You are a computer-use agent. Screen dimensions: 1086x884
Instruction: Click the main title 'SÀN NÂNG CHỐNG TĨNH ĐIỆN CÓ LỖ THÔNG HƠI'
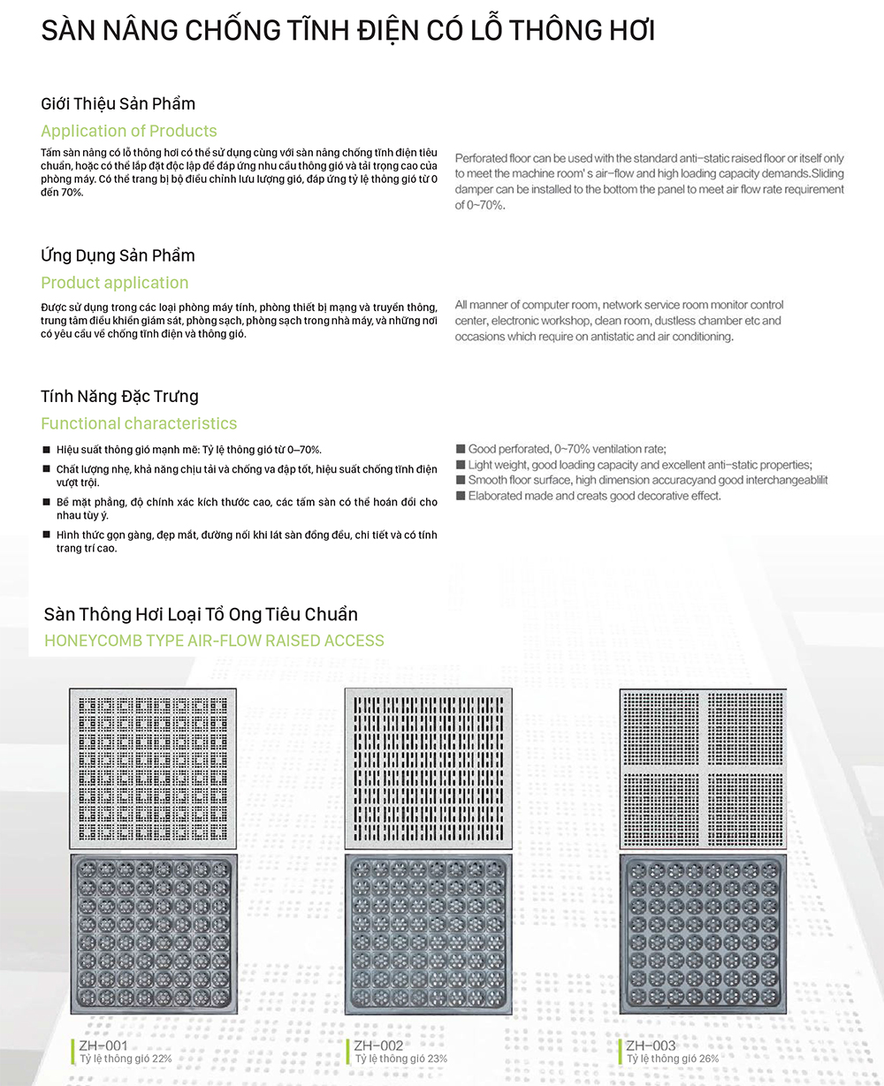pyautogui.click(x=347, y=31)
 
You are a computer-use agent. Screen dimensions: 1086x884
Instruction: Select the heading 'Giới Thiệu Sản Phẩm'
pyautogui.click(x=118, y=104)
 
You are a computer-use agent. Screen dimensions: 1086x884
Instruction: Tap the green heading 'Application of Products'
pyautogui.click(x=129, y=132)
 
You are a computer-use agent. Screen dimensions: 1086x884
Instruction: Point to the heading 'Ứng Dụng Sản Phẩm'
pyautogui.click(x=118, y=256)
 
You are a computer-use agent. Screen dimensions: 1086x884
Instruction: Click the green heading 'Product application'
pyautogui.click(x=115, y=284)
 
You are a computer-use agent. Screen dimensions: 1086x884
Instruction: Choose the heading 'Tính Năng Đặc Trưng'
pyautogui.click(x=119, y=397)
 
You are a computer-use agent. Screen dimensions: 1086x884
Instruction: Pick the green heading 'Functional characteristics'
pyautogui.click(x=139, y=424)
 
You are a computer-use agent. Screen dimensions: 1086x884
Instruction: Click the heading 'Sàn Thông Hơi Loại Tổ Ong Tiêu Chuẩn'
pyautogui.click(x=201, y=615)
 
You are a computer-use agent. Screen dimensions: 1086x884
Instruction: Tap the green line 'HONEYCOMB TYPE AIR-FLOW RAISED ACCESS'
pyautogui.click(x=214, y=641)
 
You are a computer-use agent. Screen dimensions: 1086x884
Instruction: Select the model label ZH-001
pyautogui.click(x=103, y=1046)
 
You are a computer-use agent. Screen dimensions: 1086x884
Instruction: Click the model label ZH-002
pyautogui.click(x=378, y=1046)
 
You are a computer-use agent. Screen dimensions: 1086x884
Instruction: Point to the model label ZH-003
pyautogui.click(x=651, y=1046)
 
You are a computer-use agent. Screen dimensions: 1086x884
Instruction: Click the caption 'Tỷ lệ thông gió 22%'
pyautogui.click(x=126, y=1059)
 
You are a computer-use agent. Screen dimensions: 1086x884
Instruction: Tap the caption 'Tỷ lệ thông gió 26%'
pyautogui.click(x=673, y=1059)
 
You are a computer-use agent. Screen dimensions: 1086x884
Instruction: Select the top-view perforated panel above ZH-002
pyautogui.click(x=428, y=768)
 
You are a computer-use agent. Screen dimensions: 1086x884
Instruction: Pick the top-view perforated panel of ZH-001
pyautogui.click(x=153, y=768)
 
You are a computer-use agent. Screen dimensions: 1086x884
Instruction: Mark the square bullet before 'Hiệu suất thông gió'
pyautogui.click(x=47, y=451)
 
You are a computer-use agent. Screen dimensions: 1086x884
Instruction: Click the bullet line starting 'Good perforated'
pyautogui.click(x=567, y=449)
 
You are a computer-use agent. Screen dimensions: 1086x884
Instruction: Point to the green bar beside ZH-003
pyautogui.click(x=621, y=1052)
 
